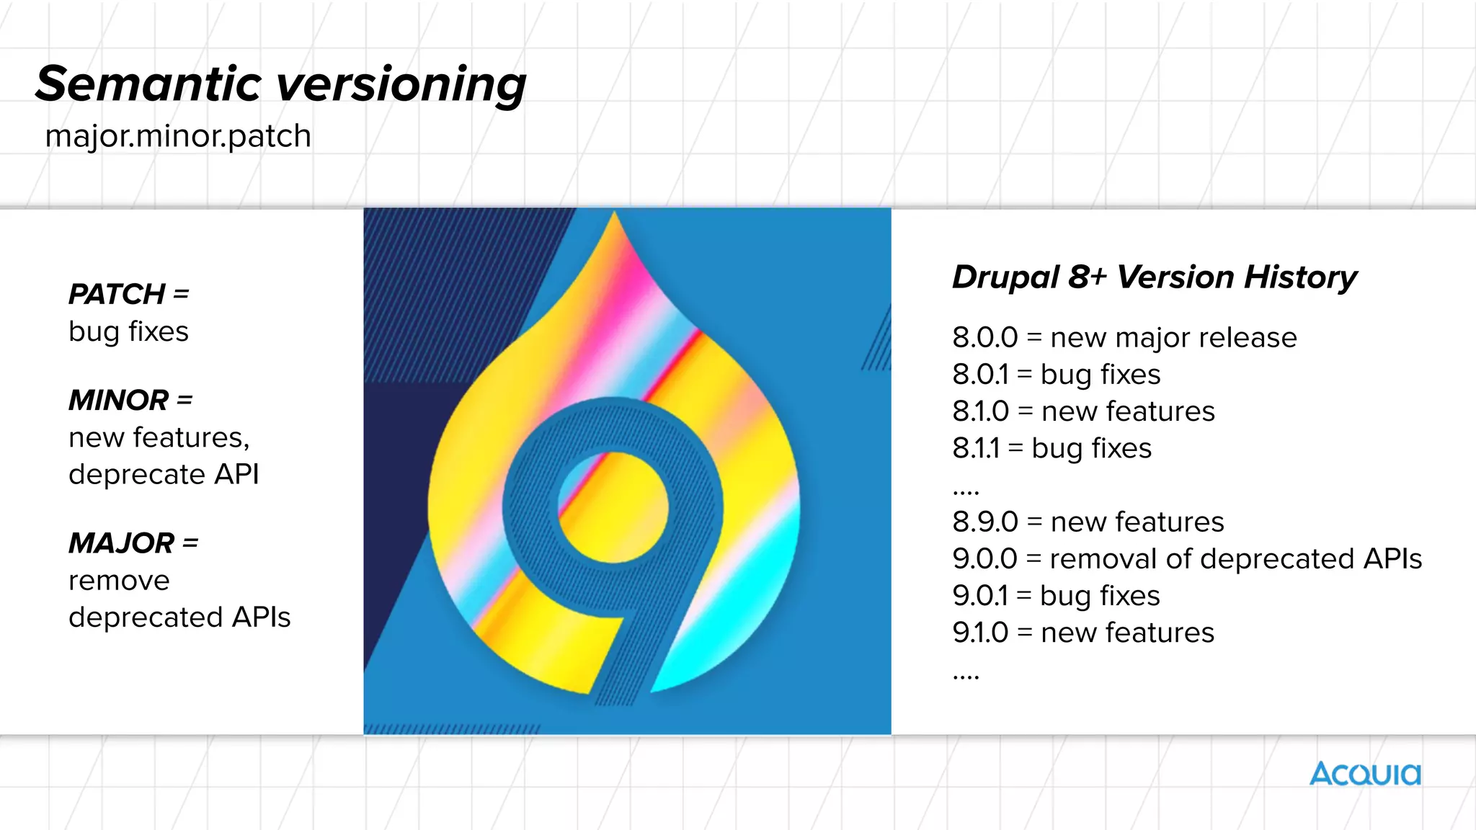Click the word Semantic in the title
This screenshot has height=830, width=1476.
pos(148,84)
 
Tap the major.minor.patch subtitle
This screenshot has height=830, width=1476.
pos(178,136)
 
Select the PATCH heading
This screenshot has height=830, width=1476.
pos(117,294)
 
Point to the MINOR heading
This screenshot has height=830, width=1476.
pos(119,400)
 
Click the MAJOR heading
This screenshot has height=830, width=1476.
pos(122,543)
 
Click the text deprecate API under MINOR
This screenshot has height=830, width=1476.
pos(164,474)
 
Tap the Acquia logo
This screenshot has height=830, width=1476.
pos(1365,774)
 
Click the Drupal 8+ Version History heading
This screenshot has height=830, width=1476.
pos(1154,277)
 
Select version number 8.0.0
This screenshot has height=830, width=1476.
pos(984,337)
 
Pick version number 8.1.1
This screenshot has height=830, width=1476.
pos(976,448)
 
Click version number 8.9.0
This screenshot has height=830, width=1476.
pos(984,522)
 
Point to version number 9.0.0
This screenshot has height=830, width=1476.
pos(984,558)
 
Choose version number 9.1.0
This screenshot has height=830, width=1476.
pos(979,633)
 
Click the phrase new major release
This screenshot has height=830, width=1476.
pos(1173,337)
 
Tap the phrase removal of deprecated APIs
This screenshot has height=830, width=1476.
pos(1235,558)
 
